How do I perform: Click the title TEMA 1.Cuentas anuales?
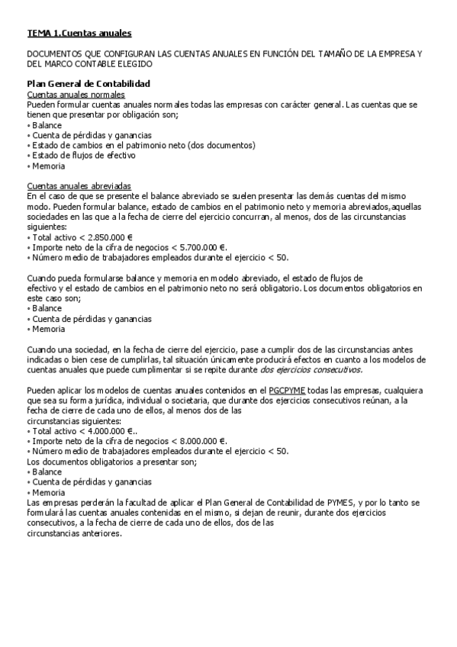(x=79, y=33)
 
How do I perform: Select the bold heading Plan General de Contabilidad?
(x=89, y=83)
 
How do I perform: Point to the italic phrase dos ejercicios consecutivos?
(x=311, y=369)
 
